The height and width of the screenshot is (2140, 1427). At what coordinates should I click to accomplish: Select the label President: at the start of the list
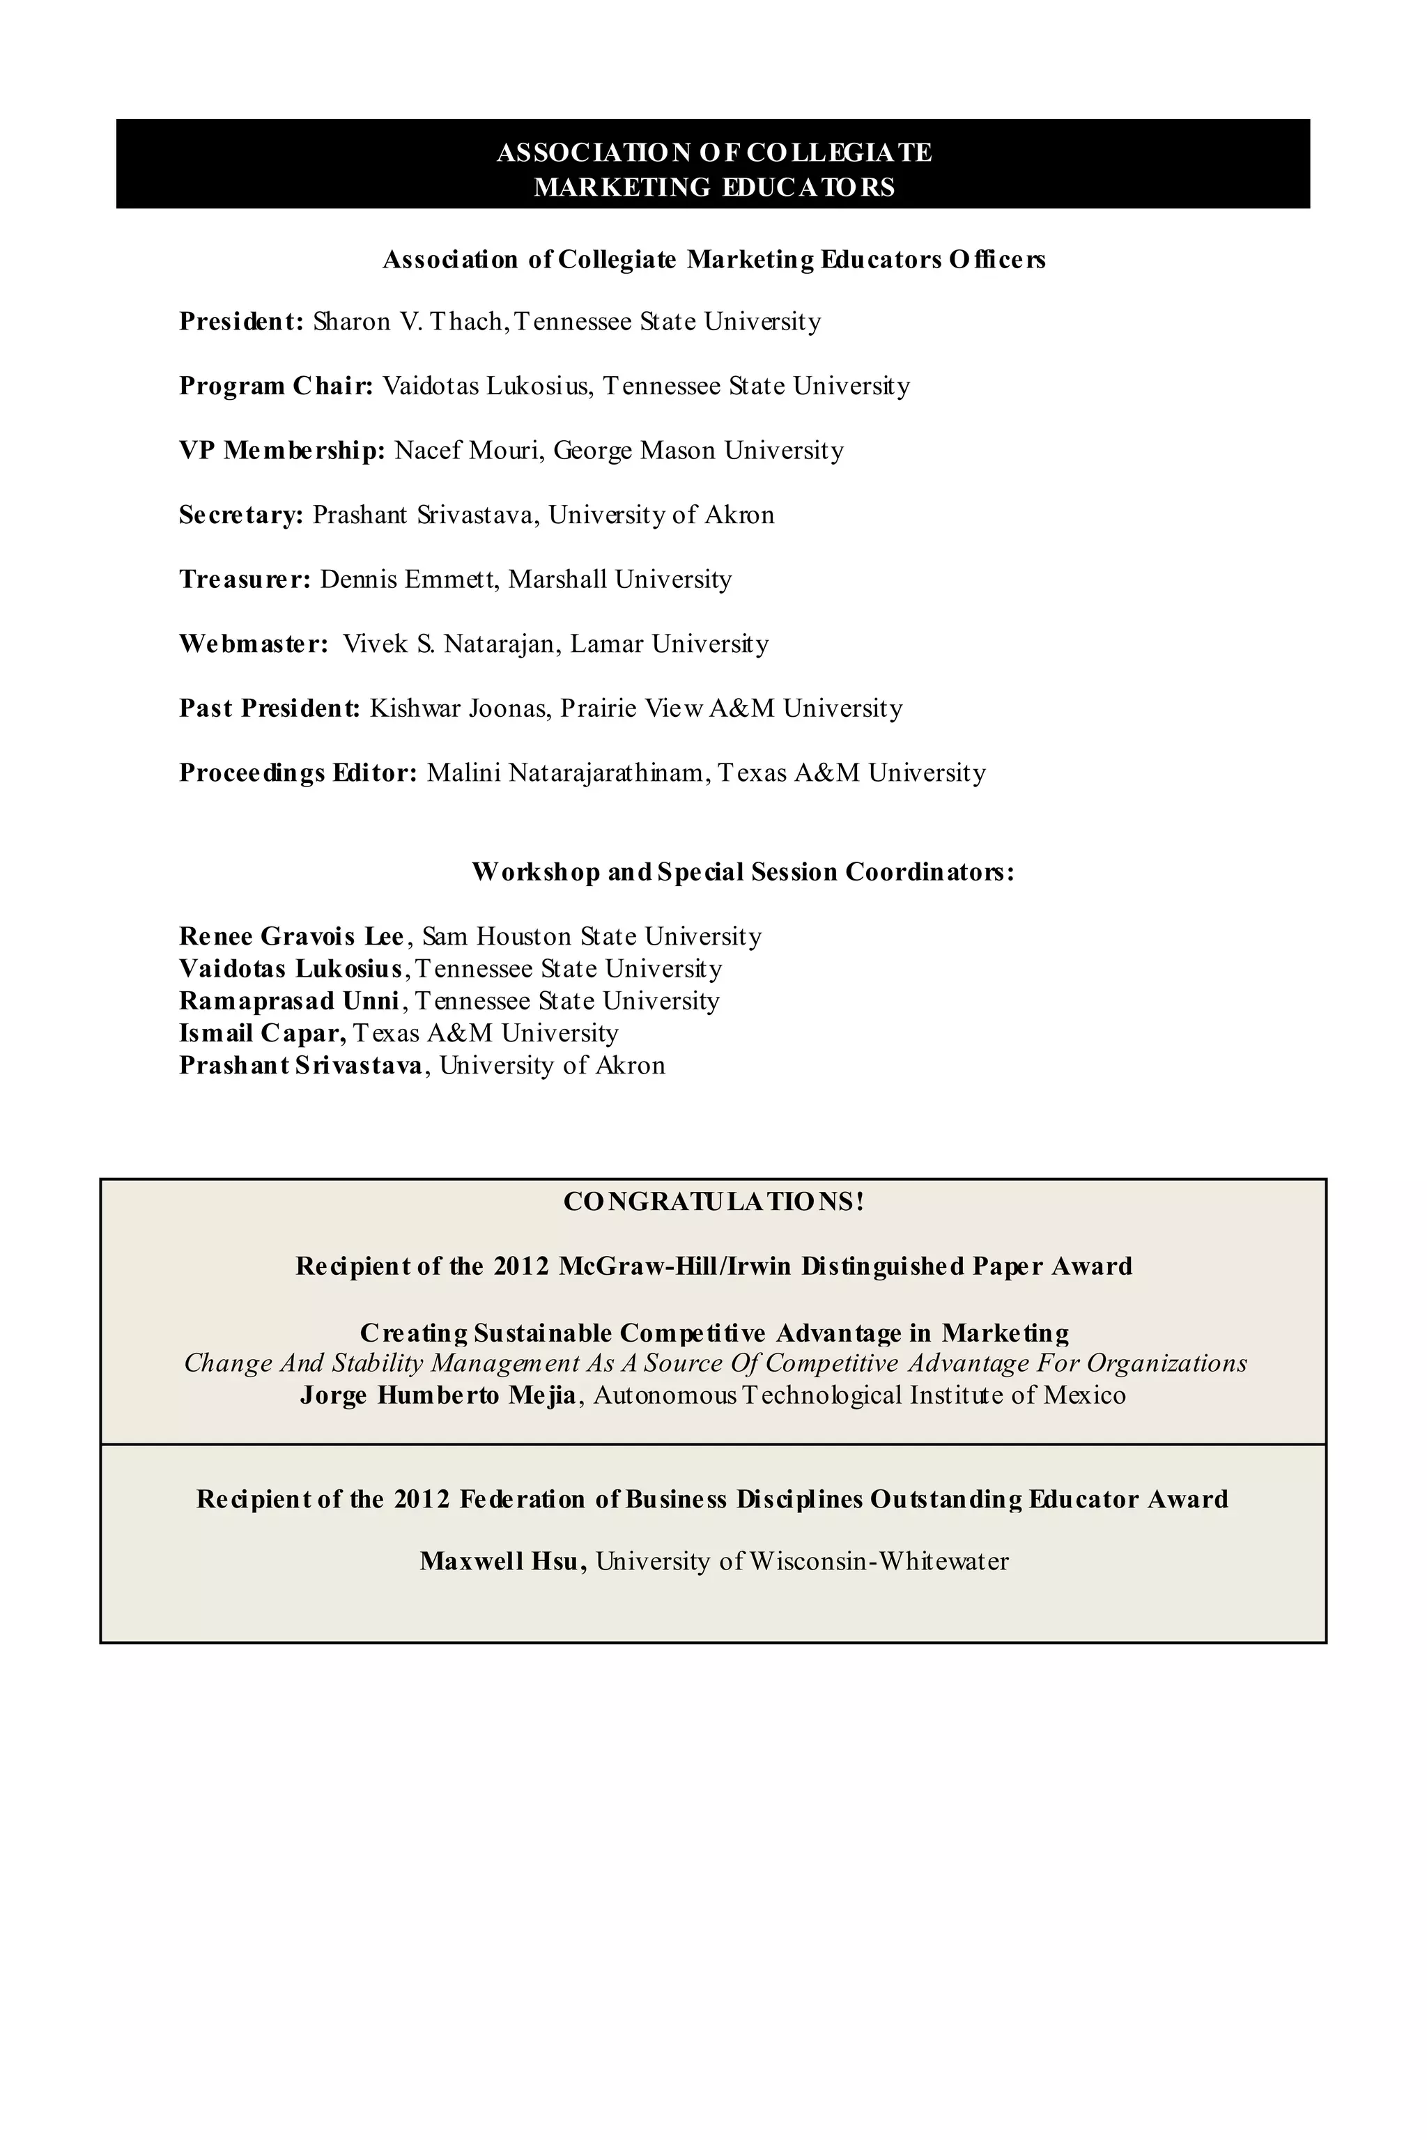point(241,321)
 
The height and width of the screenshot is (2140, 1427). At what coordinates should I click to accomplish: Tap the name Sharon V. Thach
point(408,321)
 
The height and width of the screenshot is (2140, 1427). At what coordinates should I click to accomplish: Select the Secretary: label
point(241,515)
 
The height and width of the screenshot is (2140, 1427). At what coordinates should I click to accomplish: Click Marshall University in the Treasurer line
point(619,580)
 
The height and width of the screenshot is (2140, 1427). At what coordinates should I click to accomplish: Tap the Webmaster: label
point(254,644)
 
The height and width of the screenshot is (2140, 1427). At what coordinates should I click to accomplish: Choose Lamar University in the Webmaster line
point(669,644)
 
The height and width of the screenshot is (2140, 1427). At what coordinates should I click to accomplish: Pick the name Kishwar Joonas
point(458,708)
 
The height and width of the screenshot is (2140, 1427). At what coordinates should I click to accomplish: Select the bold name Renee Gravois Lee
point(291,936)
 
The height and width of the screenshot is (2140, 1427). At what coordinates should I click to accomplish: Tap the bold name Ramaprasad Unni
point(289,1001)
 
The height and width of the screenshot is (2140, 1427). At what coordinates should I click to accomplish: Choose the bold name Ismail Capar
point(262,1034)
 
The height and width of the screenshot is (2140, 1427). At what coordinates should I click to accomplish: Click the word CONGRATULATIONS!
point(713,1202)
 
